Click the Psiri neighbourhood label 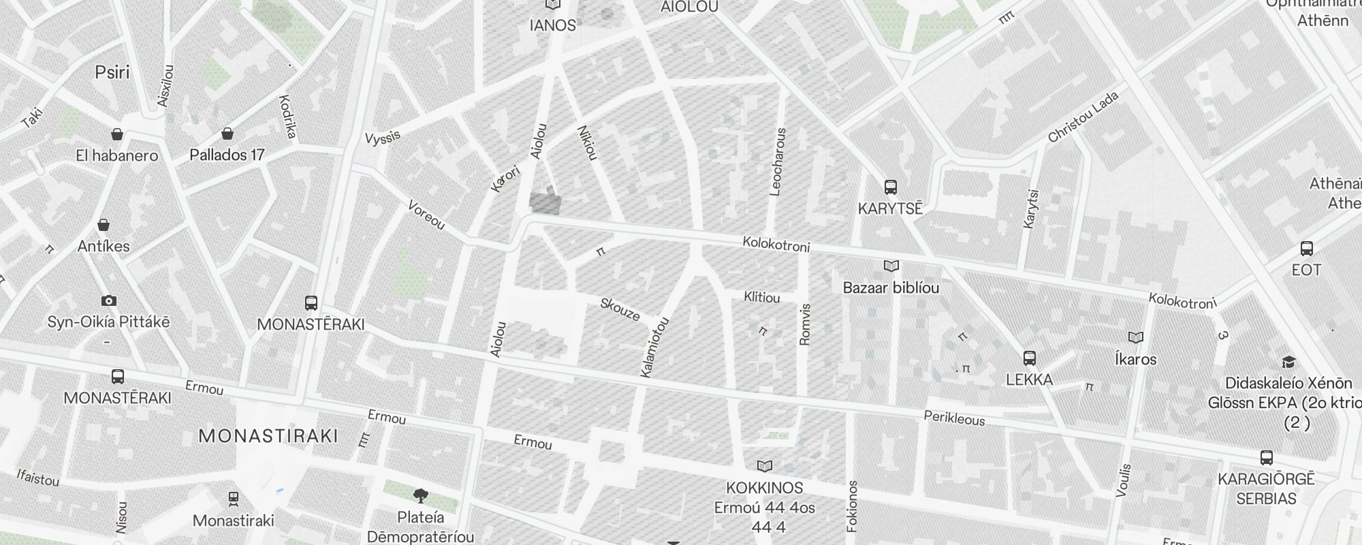pyautogui.click(x=112, y=72)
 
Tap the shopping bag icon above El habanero pyautogui.click(x=118, y=134)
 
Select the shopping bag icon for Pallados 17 pyautogui.click(x=227, y=134)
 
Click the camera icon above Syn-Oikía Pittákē pyautogui.click(x=108, y=300)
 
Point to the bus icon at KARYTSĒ pyautogui.click(x=890, y=187)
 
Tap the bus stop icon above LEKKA pyautogui.click(x=1030, y=358)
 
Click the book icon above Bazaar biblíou pyautogui.click(x=891, y=266)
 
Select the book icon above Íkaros pyautogui.click(x=1135, y=337)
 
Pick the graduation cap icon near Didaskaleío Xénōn pyautogui.click(x=1288, y=362)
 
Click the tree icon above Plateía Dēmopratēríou pyautogui.click(x=421, y=495)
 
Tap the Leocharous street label pyautogui.click(x=778, y=162)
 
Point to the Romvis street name pyautogui.click(x=805, y=324)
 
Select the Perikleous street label pyautogui.click(x=954, y=418)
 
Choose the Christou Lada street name pyautogui.click(x=1083, y=117)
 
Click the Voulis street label pyautogui.click(x=1124, y=480)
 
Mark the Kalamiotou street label pyautogui.click(x=655, y=347)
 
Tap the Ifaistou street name pyautogui.click(x=37, y=478)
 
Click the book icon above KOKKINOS pyautogui.click(x=765, y=466)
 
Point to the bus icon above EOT pyautogui.click(x=1306, y=249)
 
